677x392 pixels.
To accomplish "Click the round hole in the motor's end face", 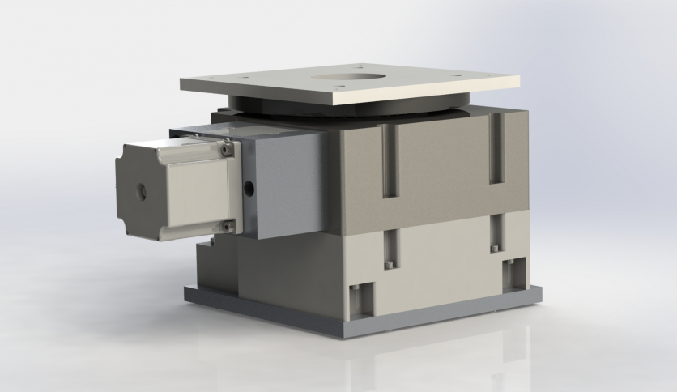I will [x=142, y=192].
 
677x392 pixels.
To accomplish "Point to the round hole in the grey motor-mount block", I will [x=248, y=188].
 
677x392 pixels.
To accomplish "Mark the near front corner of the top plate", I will [x=334, y=102].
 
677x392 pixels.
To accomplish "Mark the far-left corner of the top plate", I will [x=181, y=80].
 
